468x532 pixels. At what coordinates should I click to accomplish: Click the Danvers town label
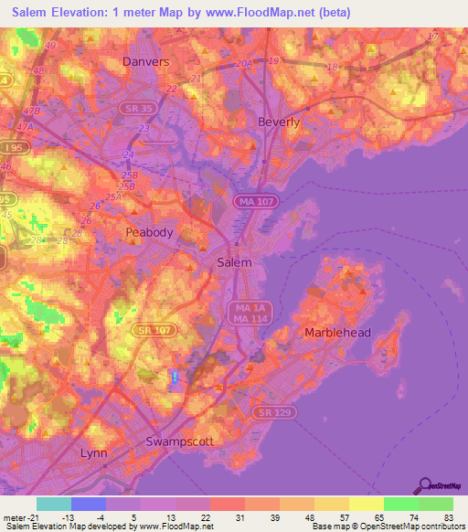[146, 62]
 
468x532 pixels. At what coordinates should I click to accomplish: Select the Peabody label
[149, 232]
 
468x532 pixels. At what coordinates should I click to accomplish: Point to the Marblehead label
[337, 333]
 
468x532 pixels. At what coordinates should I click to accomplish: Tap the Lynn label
[94, 453]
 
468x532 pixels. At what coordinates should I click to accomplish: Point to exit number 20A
[243, 64]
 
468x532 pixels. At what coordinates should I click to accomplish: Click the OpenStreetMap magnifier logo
[422, 485]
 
